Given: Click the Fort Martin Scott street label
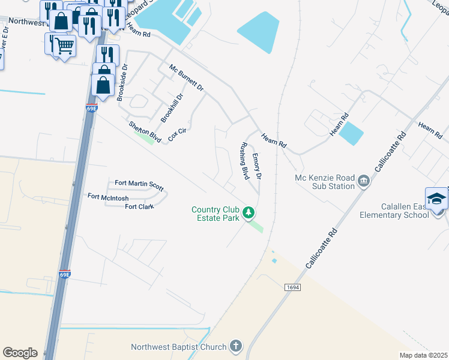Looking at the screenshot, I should pos(139,184).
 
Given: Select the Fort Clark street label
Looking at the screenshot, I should pos(139,207).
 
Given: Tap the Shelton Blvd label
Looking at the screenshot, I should pos(145,131).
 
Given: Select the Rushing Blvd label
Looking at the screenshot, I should pos(244,161).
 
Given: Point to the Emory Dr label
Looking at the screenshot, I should pos(256,166).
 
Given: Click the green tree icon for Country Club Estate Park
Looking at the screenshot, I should pos(248,212).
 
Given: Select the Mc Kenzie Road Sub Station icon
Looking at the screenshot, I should pos(364,181).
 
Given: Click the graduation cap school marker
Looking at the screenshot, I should pos(436,198).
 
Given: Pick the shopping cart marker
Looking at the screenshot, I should pos(64,46).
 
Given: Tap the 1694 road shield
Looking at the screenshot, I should pos(292,288).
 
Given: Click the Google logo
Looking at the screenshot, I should pos(20,353).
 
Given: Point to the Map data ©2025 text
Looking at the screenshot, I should pos(423,355).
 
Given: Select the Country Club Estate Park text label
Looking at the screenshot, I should pos(215,214).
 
